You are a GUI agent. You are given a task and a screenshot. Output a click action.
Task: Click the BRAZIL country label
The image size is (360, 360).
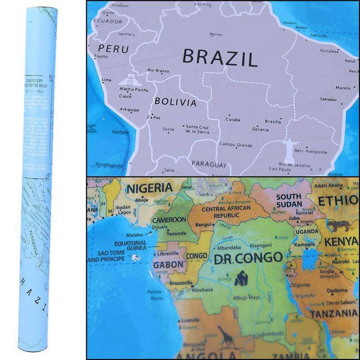click(x=220, y=58)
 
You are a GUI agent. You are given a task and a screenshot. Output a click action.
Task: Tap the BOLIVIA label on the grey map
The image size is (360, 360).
click(x=175, y=102)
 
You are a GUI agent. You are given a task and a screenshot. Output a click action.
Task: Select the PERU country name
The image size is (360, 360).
click(x=113, y=49)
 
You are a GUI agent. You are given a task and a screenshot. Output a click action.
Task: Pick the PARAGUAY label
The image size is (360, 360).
click(x=209, y=164)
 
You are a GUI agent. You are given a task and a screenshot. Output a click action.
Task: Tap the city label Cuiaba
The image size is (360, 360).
click(x=233, y=119)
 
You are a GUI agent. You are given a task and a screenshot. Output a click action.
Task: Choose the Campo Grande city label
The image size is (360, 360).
click(x=236, y=144)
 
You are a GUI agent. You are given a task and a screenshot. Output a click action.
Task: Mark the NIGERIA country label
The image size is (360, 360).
click(x=149, y=188)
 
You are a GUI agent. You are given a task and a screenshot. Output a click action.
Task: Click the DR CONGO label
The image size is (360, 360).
click(x=248, y=257)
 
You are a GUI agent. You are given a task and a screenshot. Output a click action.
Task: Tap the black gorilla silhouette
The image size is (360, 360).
click(x=241, y=277)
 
